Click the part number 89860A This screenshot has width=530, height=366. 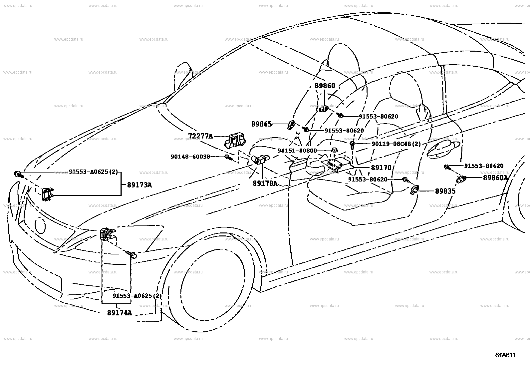495,178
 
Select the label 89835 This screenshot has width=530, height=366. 445,191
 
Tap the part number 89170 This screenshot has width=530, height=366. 381,168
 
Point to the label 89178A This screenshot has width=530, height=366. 265,183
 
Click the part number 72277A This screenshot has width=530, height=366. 200,136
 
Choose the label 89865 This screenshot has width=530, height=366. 261,124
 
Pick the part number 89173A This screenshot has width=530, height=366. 139,185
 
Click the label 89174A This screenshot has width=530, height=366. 120,313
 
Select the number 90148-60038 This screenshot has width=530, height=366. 190,156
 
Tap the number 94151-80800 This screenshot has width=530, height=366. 297,151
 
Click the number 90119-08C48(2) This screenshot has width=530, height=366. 396,144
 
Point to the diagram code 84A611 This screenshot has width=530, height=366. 505,355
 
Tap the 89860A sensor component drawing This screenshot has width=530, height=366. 462,180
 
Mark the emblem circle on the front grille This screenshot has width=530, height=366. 40,225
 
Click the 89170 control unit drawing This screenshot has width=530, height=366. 336,166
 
